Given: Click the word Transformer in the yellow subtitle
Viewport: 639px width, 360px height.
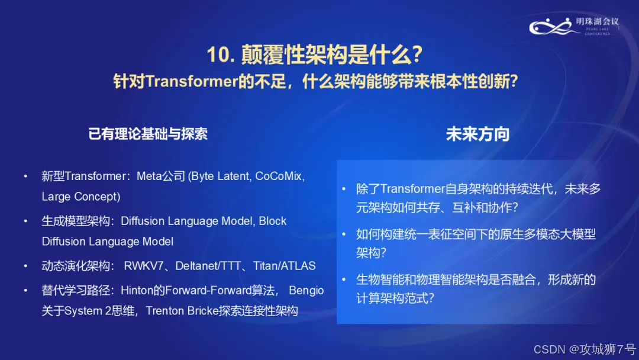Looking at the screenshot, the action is (x=192, y=81).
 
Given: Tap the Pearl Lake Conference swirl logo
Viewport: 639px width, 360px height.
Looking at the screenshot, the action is (x=555, y=27).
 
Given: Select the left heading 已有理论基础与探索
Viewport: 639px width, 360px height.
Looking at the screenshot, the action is (x=147, y=134).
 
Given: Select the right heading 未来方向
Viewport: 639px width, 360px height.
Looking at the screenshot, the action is (x=477, y=134).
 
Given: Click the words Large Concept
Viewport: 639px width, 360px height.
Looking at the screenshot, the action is (x=81, y=197).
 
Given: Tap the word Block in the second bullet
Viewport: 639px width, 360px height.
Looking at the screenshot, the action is (x=273, y=221).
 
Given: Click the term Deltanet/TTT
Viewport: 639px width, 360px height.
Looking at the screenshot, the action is (x=208, y=266).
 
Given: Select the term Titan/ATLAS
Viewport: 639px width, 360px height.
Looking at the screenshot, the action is (x=285, y=266).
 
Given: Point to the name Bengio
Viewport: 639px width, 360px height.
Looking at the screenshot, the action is (x=306, y=290).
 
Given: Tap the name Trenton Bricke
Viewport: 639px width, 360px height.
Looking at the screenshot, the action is (x=182, y=311).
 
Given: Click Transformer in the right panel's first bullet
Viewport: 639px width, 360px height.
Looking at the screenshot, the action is (x=412, y=189).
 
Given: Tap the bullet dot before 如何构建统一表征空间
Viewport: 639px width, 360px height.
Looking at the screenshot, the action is (x=344, y=234).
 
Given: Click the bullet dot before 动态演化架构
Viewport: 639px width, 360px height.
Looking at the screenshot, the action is (x=25, y=266).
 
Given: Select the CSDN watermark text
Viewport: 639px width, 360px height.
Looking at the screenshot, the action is (x=585, y=349).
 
